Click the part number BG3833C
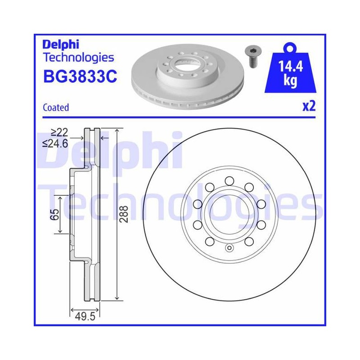[x=80, y=76]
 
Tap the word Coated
[x=56, y=108]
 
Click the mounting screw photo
[x=254, y=56]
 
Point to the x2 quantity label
[x=309, y=106]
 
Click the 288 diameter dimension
[x=124, y=214]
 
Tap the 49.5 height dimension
[x=85, y=317]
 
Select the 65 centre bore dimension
[x=54, y=215]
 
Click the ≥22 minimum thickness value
[x=60, y=132]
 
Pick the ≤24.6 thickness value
[x=55, y=144]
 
